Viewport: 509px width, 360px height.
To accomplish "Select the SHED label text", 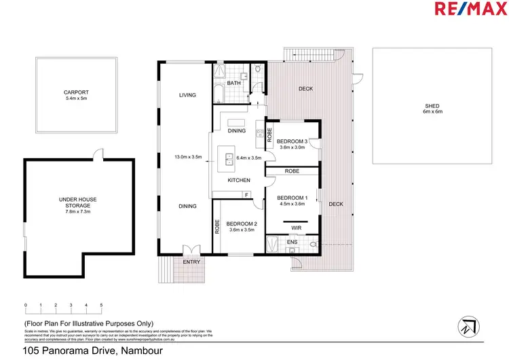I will pyautogui.click(x=432, y=107).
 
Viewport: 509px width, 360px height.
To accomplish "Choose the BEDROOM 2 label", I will pyautogui.click(x=240, y=224).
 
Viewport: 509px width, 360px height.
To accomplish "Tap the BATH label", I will pyautogui.click(x=233, y=84).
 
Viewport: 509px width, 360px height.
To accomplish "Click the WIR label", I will pyautogui.click(x=296, y=228).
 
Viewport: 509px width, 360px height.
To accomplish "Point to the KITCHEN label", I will pyautogui.click(x=239, y=180).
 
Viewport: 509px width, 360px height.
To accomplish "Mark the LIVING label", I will pyautogui.click(x=187, y=95).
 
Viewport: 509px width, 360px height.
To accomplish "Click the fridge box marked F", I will pyautogui.click(x=246, y=195).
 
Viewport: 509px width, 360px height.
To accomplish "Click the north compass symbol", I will pyautogui.click(x=468, y=326).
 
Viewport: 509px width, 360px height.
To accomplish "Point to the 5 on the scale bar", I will pyautogui.click(x=101, y=305).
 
